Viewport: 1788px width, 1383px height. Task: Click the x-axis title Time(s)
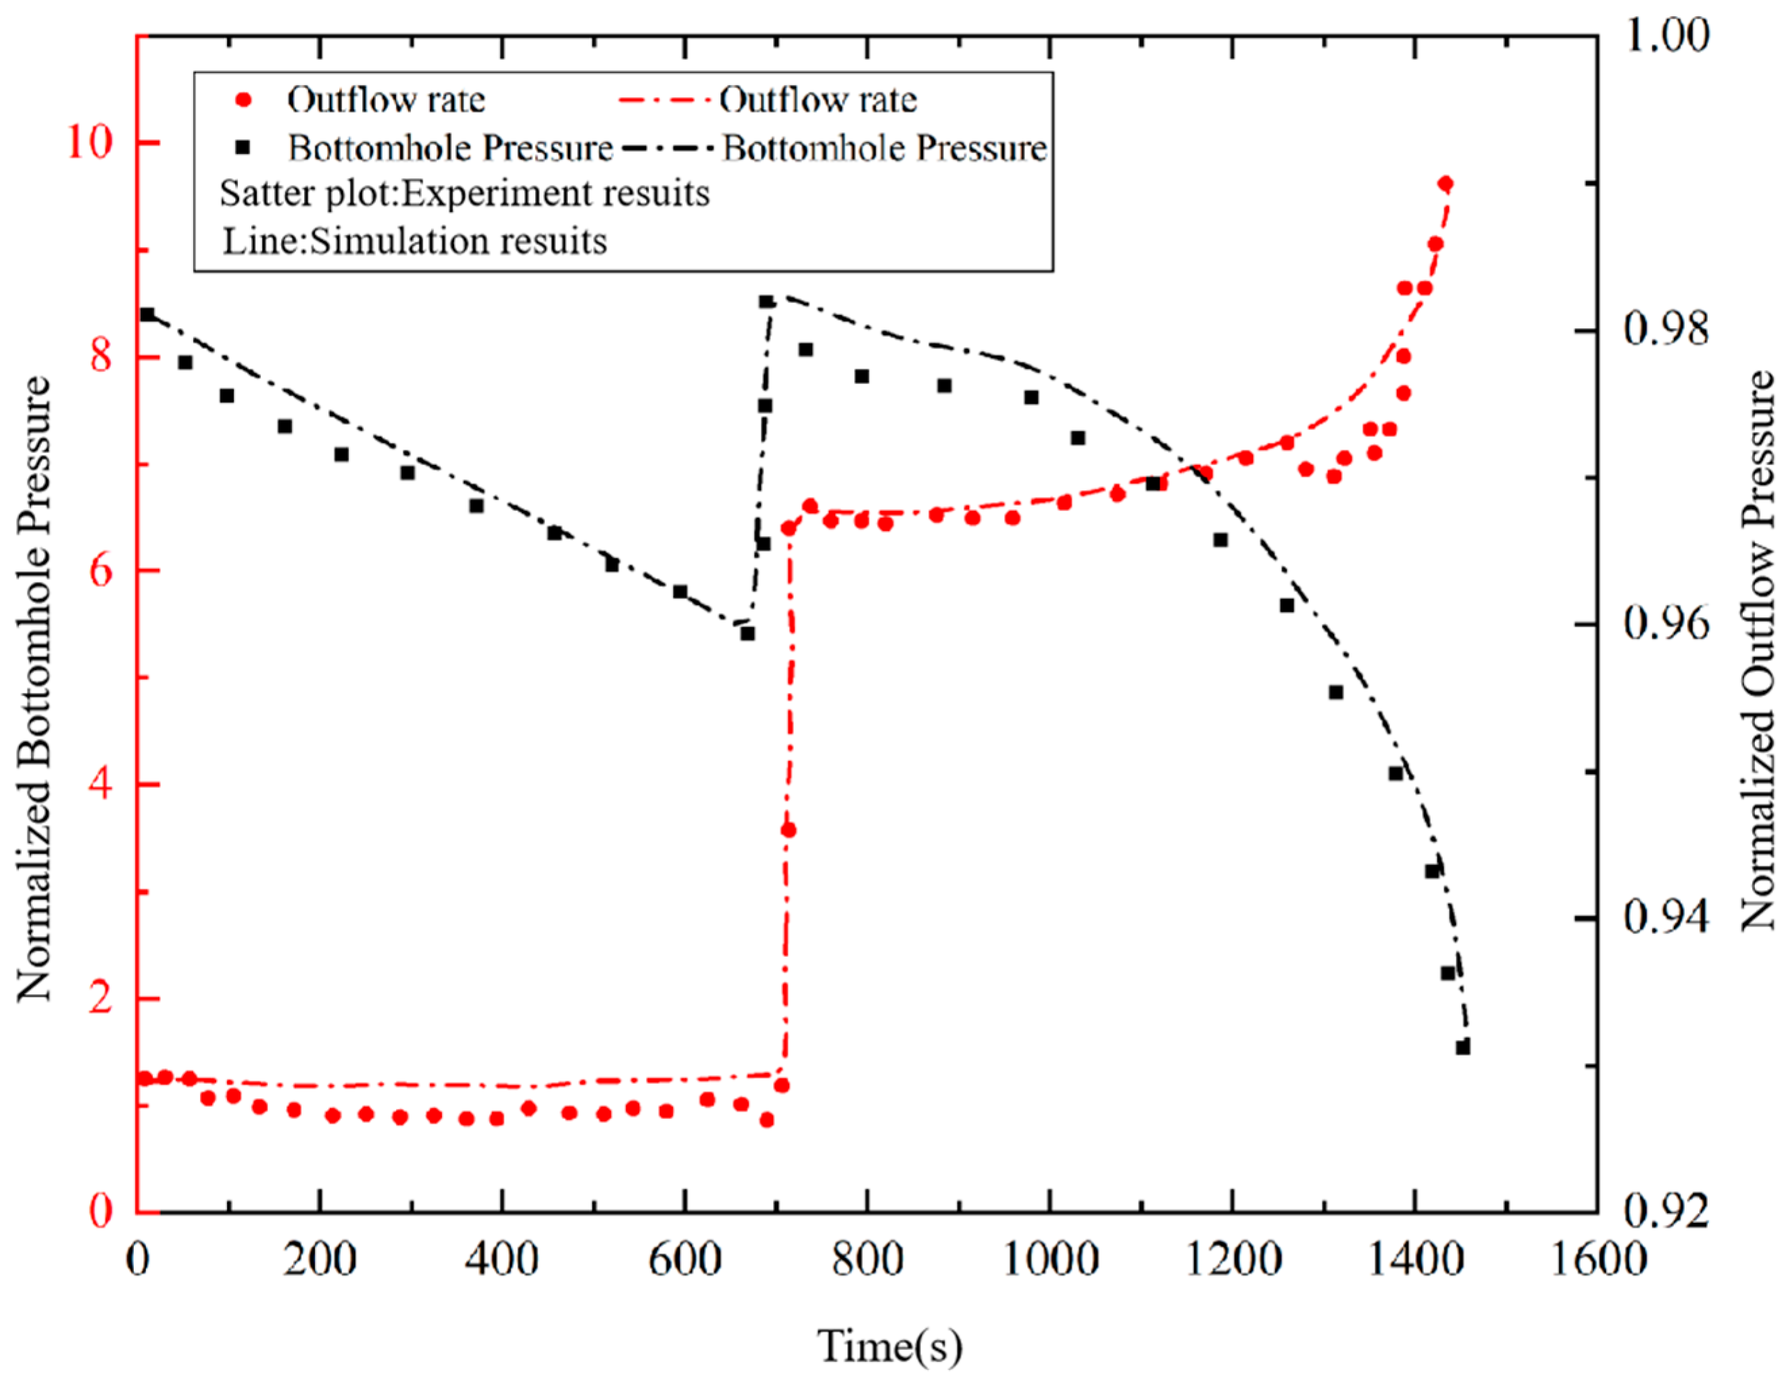889,1346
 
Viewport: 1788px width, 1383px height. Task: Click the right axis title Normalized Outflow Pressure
1756,650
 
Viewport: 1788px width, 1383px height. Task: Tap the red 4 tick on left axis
100,785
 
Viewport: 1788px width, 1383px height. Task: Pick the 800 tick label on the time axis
866,1259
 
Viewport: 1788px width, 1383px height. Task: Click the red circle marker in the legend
243,100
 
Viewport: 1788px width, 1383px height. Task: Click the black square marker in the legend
243,148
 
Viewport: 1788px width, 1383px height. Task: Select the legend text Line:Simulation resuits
415,241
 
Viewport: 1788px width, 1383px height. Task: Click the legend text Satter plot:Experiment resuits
464,194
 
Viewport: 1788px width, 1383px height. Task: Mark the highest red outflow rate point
1445,183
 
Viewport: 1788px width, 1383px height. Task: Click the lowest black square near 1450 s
1463,1047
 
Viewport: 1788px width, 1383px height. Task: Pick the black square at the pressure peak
766,302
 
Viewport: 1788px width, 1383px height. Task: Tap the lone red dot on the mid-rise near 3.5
789,831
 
